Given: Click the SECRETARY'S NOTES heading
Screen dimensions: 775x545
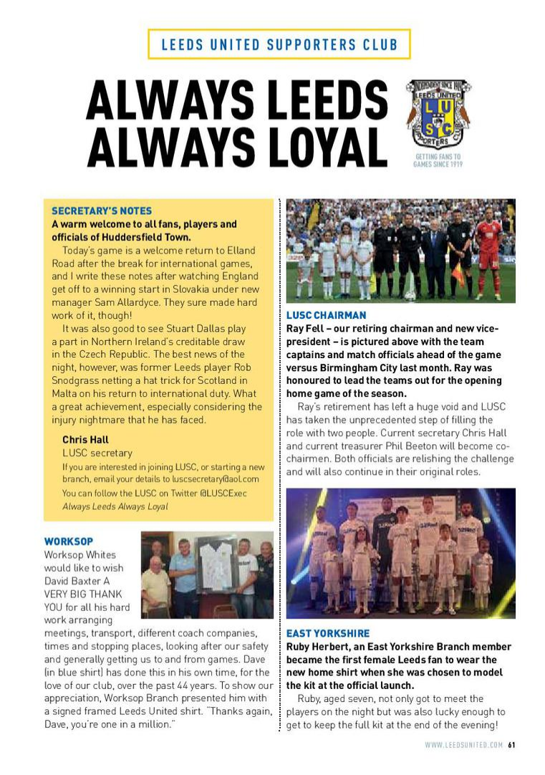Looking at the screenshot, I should point(102,211).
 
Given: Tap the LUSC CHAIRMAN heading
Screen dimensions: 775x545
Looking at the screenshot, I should point(326,315).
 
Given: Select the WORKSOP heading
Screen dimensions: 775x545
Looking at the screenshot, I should point(69,541).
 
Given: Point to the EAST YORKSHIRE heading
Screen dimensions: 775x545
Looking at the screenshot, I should point(328,633).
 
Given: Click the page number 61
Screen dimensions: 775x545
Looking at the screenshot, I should point(512,745).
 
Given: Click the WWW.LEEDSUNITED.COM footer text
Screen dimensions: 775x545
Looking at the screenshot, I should point(464,745).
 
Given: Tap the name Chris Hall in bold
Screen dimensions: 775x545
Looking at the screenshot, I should point(85,440).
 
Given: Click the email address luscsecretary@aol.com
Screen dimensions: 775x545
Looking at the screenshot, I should point(216,479).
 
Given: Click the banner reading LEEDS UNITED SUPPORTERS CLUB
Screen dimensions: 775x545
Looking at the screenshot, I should point(279,44).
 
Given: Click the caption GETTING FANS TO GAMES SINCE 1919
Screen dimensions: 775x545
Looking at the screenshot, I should point(438,160).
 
